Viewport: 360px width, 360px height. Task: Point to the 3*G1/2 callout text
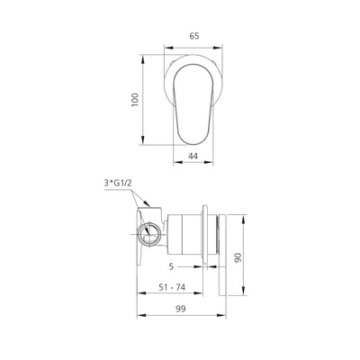click(x=119, y=183)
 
